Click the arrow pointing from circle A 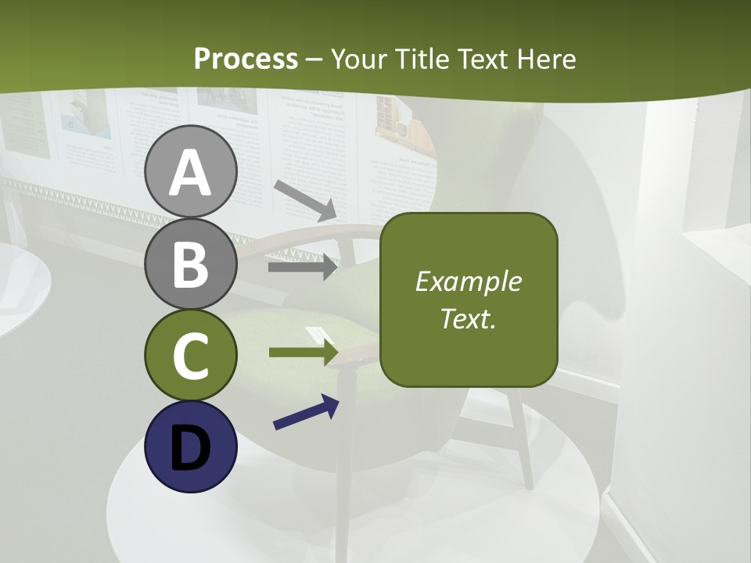tap(305, 200)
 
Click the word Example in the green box tap(468, 281)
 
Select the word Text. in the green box tap(468, 318)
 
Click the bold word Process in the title tap(246, 59)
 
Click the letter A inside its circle tap(190, 173)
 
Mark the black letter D tap(190, 446)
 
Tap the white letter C tap(190, 357)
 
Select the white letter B tap(190, 265)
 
